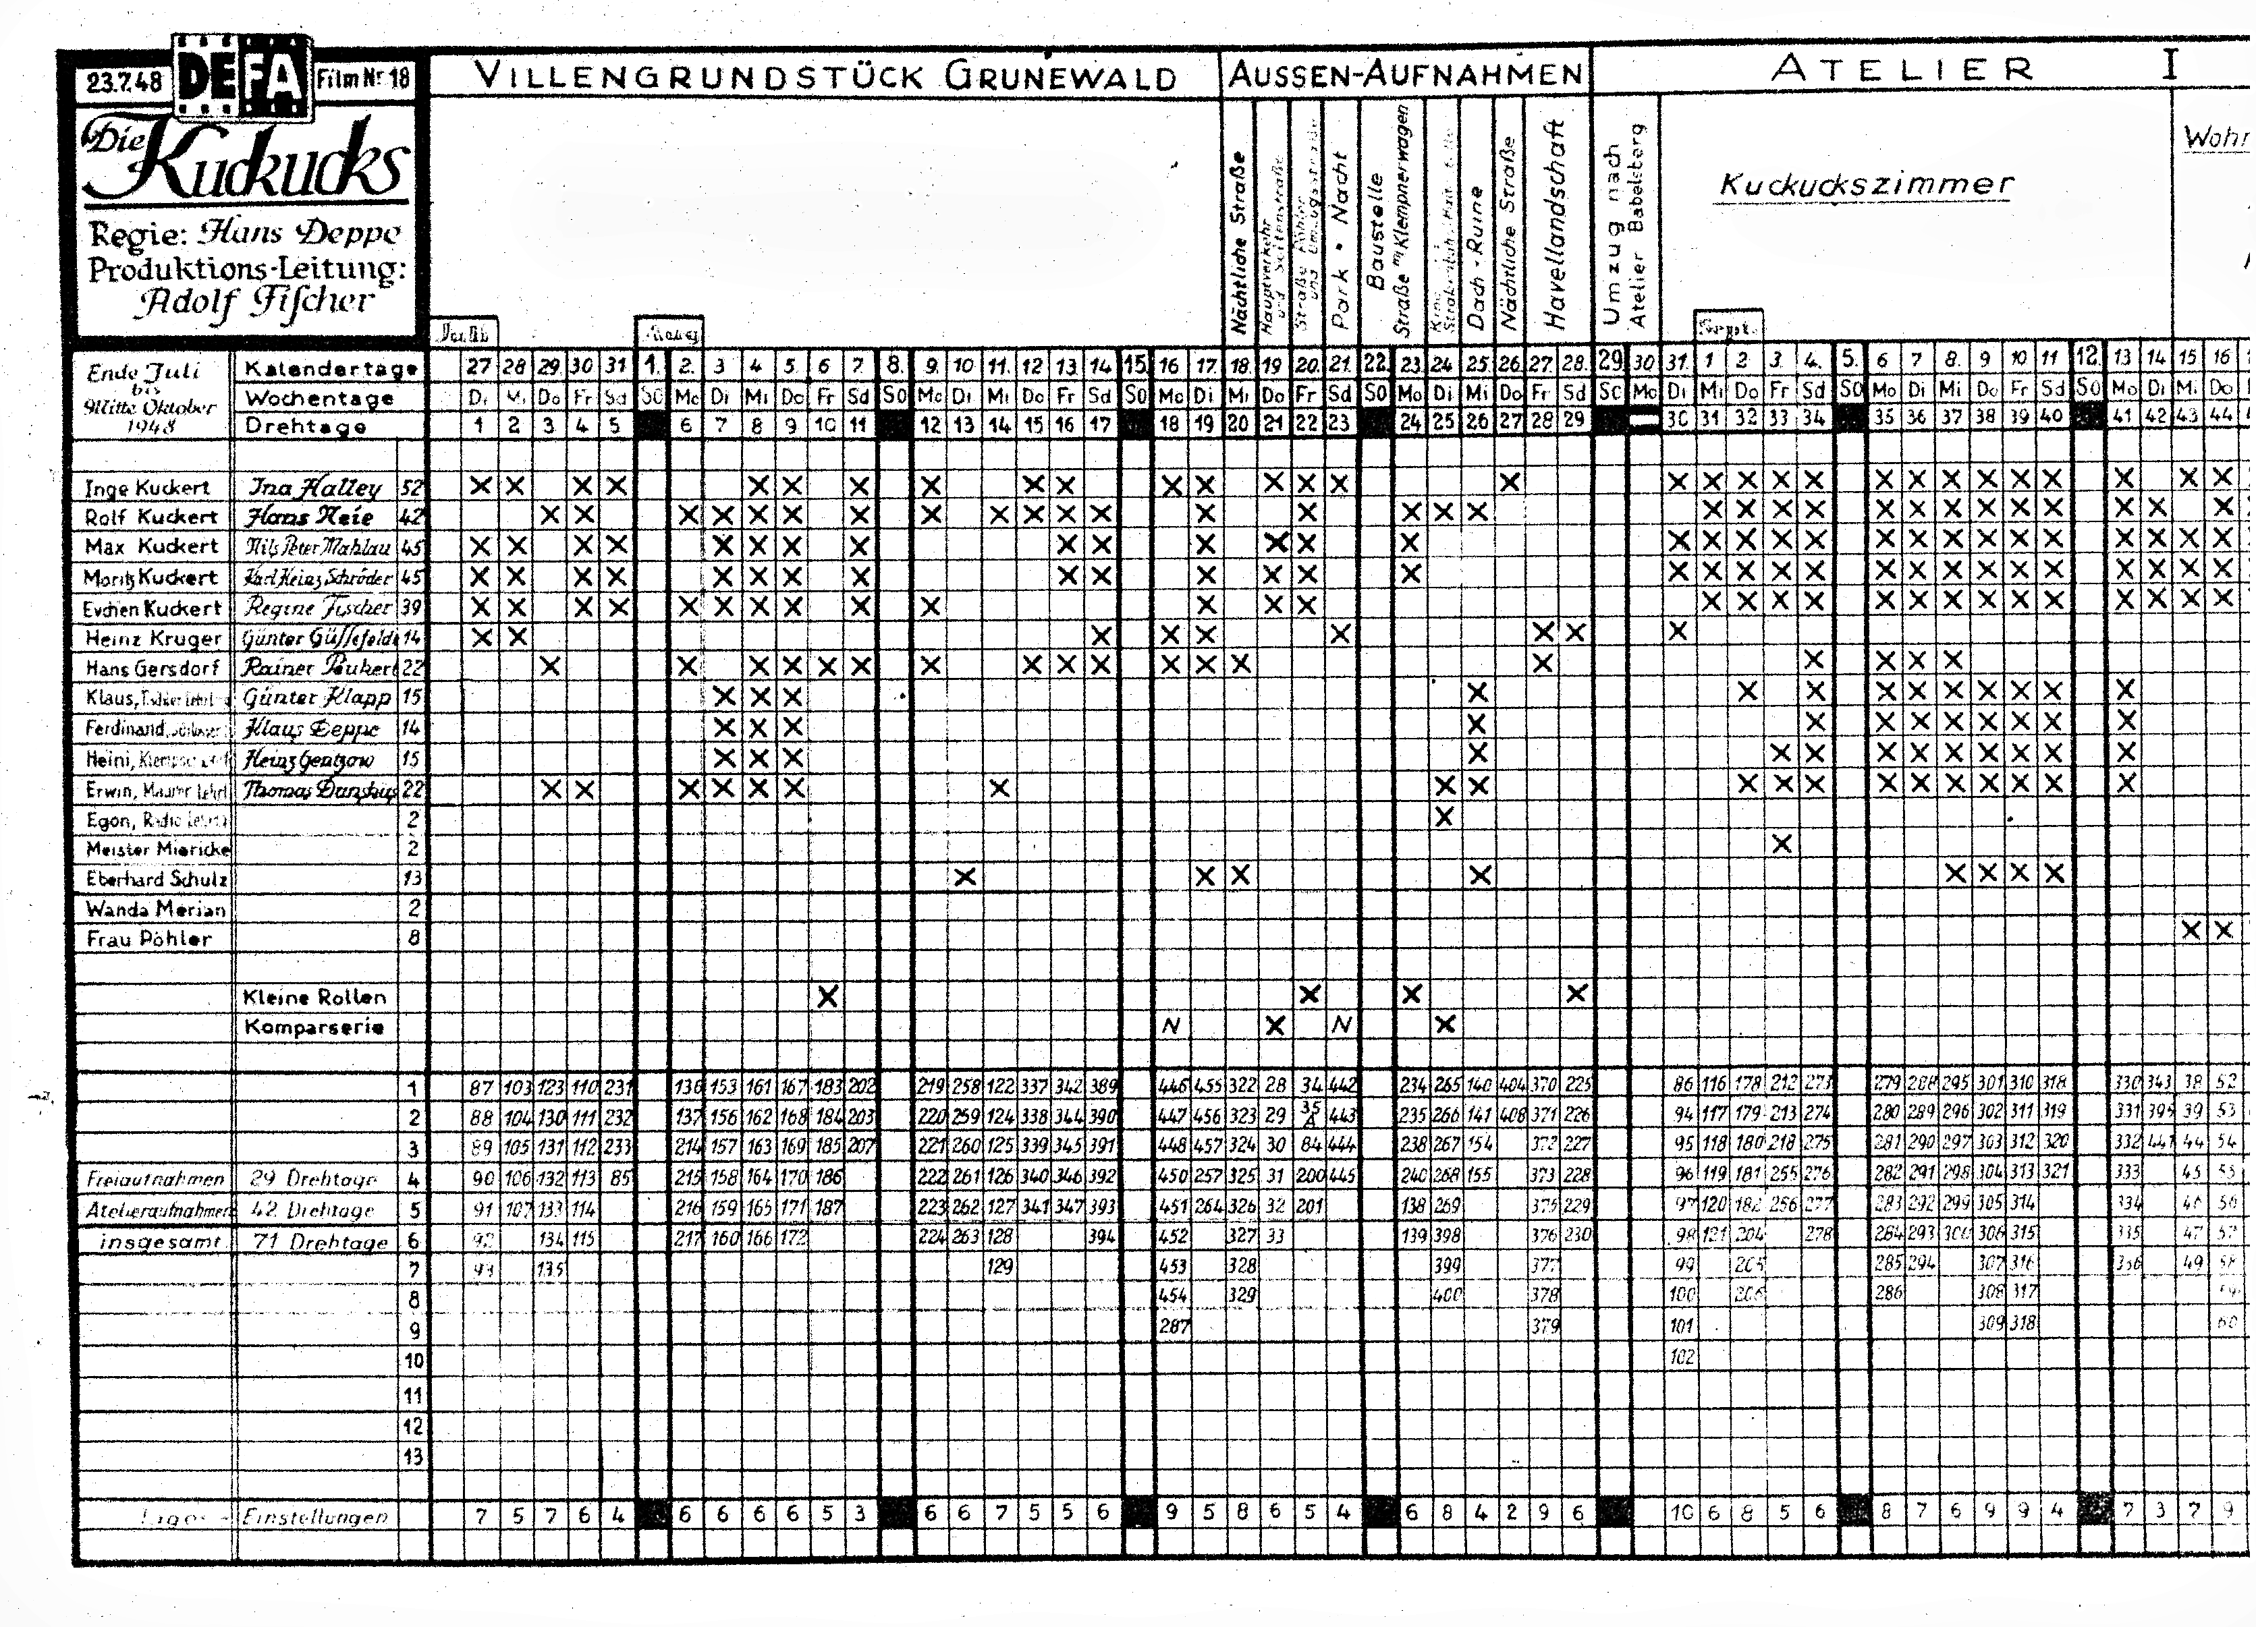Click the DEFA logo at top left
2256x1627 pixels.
click(240, 78)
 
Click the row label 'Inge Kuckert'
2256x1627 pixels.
click(147, 487)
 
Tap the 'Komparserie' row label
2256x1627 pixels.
click(314, 1027)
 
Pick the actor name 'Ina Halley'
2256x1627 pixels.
click(314, 487)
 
